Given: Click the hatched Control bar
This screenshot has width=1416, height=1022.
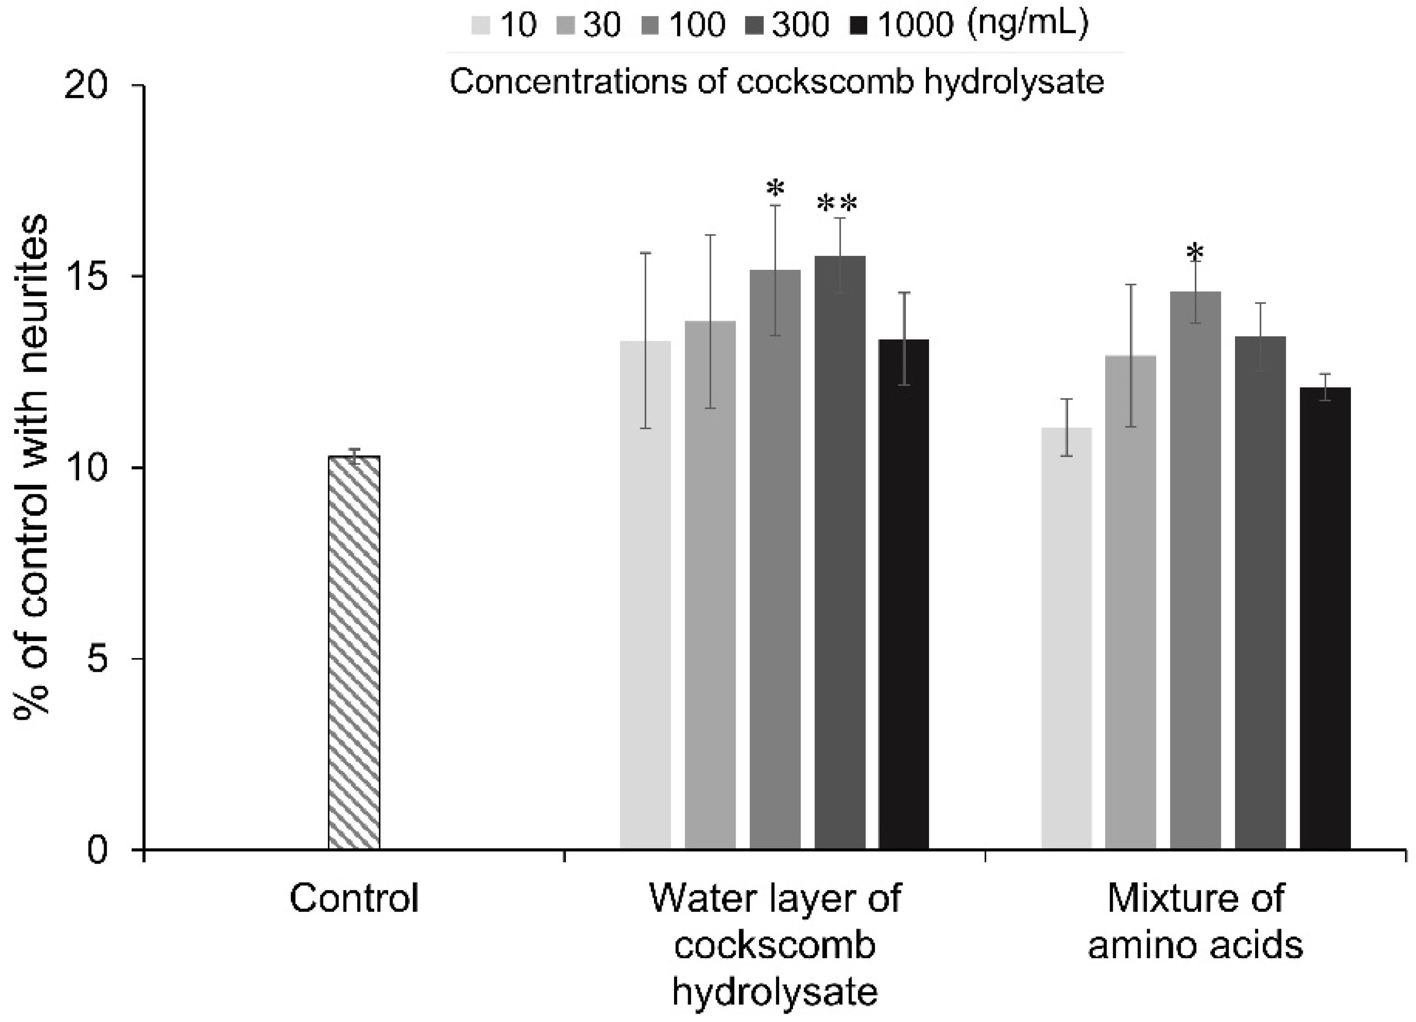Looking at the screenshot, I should [x=354, y=653].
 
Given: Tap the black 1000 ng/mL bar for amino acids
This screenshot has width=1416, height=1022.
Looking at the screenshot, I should [x=1325, y=618].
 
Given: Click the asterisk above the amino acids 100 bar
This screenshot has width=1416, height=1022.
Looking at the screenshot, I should [x=1195, y=253].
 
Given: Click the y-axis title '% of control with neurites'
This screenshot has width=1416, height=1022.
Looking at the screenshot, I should [x=31, y=468].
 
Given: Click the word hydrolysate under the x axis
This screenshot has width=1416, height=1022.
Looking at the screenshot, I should [x=775, y=991].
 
